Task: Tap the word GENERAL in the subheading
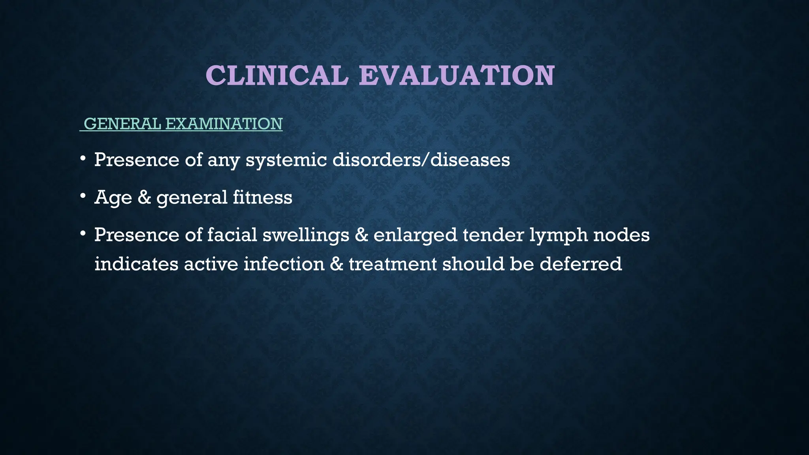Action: tap(123, 124)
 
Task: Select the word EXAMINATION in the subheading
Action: tap(224, 124)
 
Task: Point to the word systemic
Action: tap(286, 160)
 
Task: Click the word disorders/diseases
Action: tap(421, 160)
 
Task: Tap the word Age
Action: tap(113, 197)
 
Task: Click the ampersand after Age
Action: tap(144, 197)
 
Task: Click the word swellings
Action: tap(306, 235)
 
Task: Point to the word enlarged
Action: tap(415, 235)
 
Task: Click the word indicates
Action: tap(136, 264)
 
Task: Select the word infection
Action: tap(284, 264)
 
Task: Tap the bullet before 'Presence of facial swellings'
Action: tap(83, 234)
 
